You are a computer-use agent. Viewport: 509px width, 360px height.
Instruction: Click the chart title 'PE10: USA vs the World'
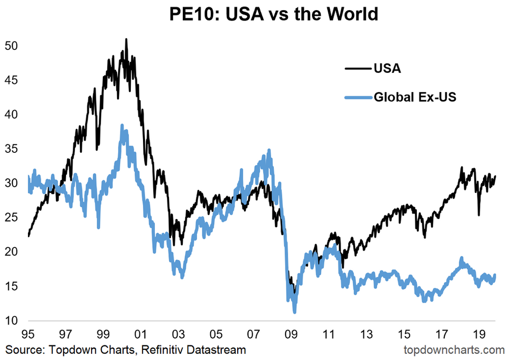click(274, 14)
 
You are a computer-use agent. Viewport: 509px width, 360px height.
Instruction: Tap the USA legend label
click(387, 68)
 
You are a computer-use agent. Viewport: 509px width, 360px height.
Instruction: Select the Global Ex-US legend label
click(414, 96)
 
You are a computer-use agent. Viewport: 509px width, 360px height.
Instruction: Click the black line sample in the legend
click(358, 68)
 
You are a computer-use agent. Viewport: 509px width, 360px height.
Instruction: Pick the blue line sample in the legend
click(358, 96)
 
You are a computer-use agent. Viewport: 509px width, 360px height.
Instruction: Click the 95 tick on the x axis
click(28, 336)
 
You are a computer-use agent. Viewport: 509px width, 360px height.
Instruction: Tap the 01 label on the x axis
click(140, 336)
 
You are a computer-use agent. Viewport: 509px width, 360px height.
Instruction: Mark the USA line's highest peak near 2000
click(126, 39)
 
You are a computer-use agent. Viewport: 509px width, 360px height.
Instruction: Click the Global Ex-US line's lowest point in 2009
click(294, 312)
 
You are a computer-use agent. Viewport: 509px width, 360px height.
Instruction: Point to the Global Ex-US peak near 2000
click(122, 125)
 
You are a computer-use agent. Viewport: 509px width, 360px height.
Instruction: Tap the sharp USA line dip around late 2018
click(478, 214)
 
